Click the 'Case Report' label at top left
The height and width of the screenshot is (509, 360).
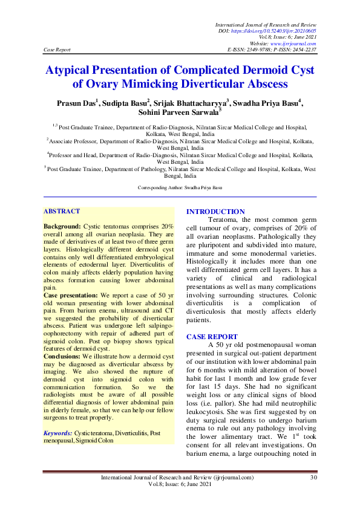point(57,49)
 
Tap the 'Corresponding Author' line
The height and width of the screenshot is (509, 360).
point(180,188)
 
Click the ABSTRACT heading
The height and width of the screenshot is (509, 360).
point(61,211)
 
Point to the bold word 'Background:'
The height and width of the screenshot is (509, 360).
point(62,225)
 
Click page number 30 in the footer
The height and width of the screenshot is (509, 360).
point(313,478)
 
